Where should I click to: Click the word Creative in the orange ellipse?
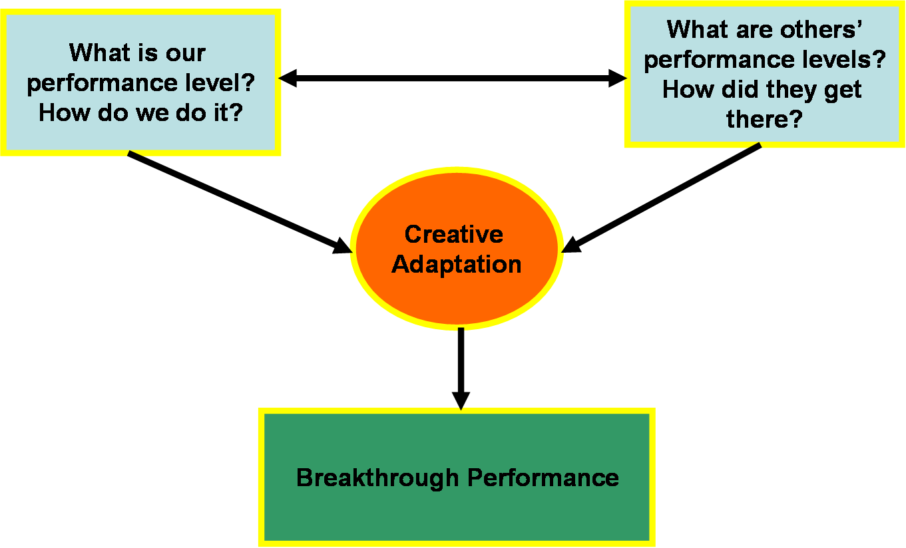(x=454, y=234)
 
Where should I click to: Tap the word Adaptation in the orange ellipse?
(x=457, y=265)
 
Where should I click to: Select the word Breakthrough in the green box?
(x=377, y=478)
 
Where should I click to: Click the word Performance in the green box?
(x=543, y=478)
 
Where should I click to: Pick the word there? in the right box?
(x=764, y=119)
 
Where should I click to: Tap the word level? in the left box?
(x=220, y=83)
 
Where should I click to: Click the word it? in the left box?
(x=228, y=113)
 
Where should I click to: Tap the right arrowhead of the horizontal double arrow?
(x=618, y=78)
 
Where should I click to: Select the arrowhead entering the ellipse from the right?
(x=571, y=245)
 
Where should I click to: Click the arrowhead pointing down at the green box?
(x=461, y=401)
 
